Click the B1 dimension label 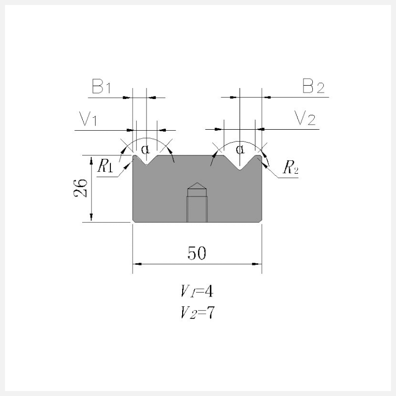tap(101, 86)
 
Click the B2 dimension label tap(313, 86)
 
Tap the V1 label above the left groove tap(88, 118)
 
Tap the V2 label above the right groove tap(305, 118)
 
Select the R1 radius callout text tap(105, 166)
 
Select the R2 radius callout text tap(291, 167)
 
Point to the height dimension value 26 tap(80, 188)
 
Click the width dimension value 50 tap(197, 253)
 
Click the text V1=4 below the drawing tap(197, 291)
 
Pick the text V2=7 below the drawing tap(197, 312)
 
